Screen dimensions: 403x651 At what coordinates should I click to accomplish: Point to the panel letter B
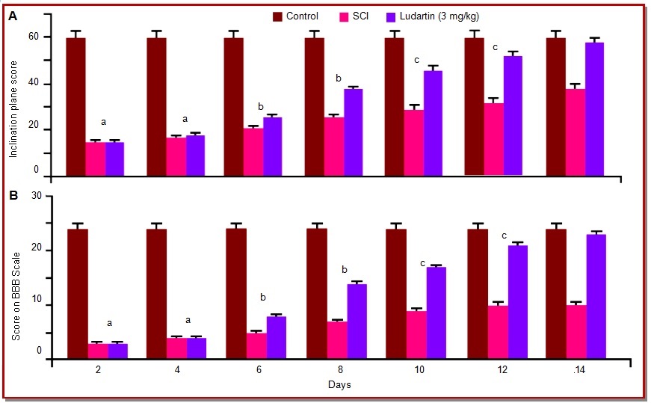click(x=13, y=197)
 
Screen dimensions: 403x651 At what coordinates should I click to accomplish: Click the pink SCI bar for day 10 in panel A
click(x=414, y=142)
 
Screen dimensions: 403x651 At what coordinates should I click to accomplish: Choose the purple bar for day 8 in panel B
click(x=357, y=322)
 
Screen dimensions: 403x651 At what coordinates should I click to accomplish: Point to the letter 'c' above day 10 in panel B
click(x=422, y=263)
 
